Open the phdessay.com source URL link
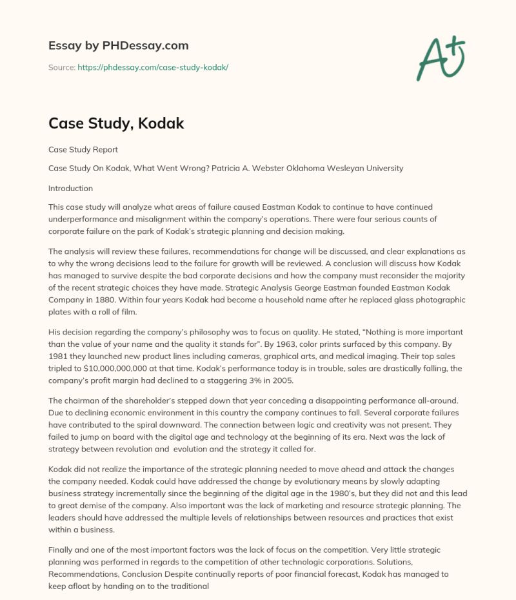pyautogui.click(x=153, y=67)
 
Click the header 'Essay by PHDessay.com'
pyautogui.click(x=119, y=46)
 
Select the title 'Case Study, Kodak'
pyautogui.click(x=116, y=123)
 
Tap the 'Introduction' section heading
pyautogui.click(x=70, y=189)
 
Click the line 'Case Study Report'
pyautogui.click(x=83, y=149)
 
